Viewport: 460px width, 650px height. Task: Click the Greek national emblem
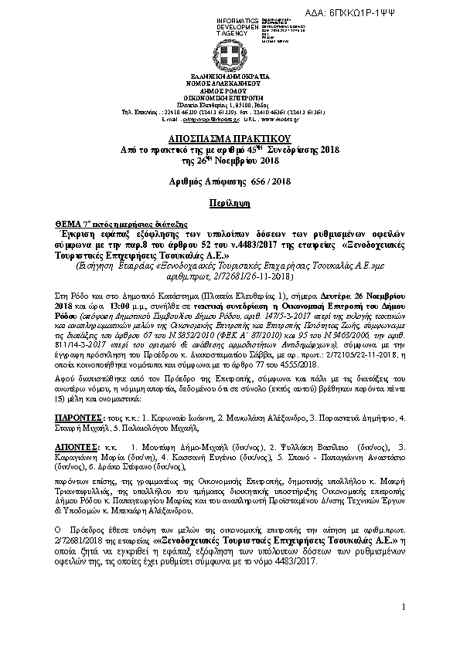(x=230, y=56)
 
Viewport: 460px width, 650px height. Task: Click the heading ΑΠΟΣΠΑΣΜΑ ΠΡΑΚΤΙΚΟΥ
(x=230, y=133)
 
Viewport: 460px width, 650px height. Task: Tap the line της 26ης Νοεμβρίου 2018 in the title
(x=230, y=160)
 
